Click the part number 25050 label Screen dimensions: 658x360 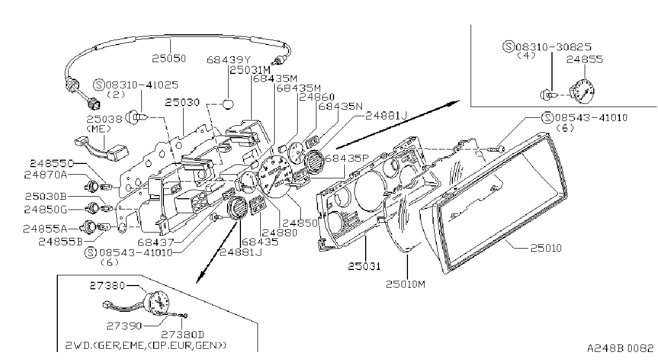(169, 58)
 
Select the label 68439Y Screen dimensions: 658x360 (229, 59)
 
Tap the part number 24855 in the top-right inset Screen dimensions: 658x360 (584, 59)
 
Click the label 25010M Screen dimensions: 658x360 (405, 284)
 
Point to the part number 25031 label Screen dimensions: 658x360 (364, 266)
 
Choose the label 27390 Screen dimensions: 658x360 (124, 326)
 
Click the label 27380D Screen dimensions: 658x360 (183, 334)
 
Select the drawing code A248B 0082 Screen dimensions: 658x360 (620, 348)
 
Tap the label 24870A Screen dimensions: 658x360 (46, 175)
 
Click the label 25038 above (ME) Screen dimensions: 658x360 (104, 119)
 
